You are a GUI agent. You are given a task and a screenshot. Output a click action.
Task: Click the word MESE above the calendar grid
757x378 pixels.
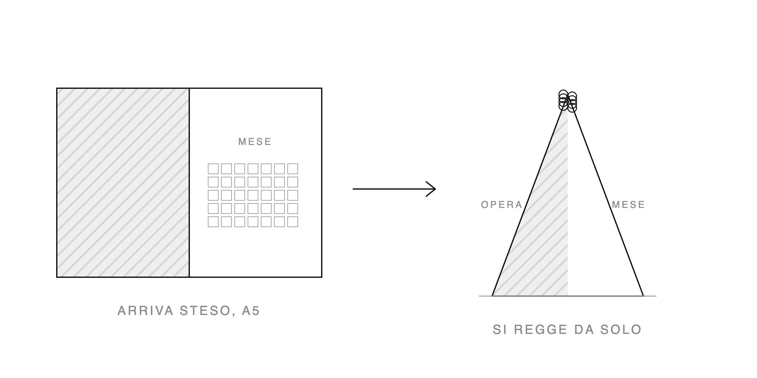click(x=255, y=142)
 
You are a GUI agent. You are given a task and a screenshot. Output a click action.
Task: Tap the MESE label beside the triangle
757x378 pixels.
click(x=628, y=205)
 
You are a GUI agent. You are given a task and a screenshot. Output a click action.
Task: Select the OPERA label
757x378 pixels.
click(x=502, y=205)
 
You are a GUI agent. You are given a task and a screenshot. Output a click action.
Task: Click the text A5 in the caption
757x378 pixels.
click(x=251, y=311)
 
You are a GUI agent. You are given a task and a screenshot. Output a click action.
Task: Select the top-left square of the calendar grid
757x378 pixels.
click(x=213, y=169)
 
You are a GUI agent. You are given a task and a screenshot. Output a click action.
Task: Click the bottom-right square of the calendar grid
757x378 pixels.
click(x=293, y=222)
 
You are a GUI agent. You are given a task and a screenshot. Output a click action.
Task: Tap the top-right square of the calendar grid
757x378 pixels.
click(x=293, y=169)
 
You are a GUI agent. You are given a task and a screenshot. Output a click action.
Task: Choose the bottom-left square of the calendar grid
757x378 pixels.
click(x=213, y=222)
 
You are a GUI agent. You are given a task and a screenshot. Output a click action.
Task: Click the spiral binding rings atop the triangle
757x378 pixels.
click(x=568, y=101)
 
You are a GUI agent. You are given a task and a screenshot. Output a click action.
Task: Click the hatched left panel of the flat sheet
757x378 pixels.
click(x=123, y=183)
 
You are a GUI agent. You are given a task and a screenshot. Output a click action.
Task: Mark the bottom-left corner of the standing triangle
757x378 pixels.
click(x=492, y=296)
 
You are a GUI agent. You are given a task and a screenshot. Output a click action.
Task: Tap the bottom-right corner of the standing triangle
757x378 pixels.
click(x=643, y=296)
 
